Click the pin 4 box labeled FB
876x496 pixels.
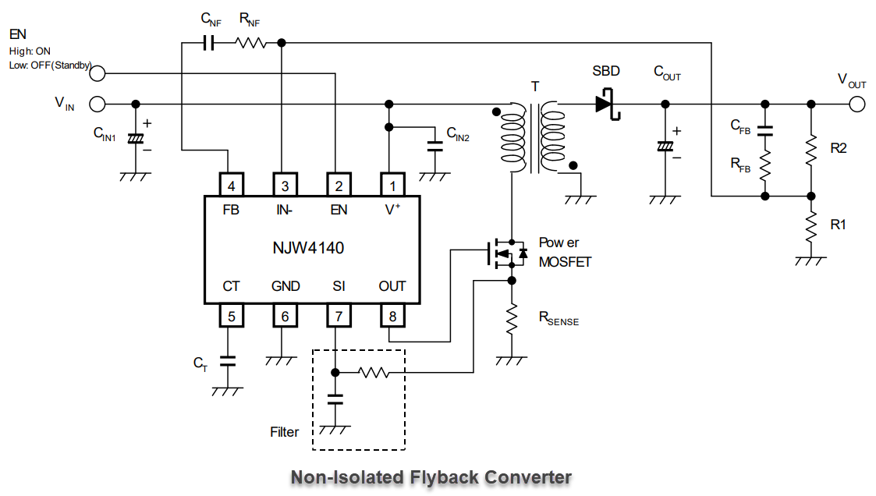(x=232, y=185)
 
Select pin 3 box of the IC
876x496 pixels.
(x=285, y=185)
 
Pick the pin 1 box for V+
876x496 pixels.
(x=392, y=185)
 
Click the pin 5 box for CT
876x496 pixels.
(x=232, y=316)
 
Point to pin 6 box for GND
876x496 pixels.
(x=285, y=316)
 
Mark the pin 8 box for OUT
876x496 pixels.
(x=392, y=316)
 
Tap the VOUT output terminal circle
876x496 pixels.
(x=856, y=104)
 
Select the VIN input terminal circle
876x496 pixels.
(x=98, y=104)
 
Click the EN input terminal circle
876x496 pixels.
(x=98, y=73)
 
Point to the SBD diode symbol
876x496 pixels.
(x=608, y=104)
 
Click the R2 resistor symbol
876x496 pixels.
(x=811, y=150)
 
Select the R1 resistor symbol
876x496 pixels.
(x=811, y=225)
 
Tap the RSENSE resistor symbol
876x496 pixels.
(x=512, y=317)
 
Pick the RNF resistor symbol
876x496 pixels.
(x=251, y=43)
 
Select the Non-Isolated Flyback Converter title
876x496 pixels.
(x=431, y=477)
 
